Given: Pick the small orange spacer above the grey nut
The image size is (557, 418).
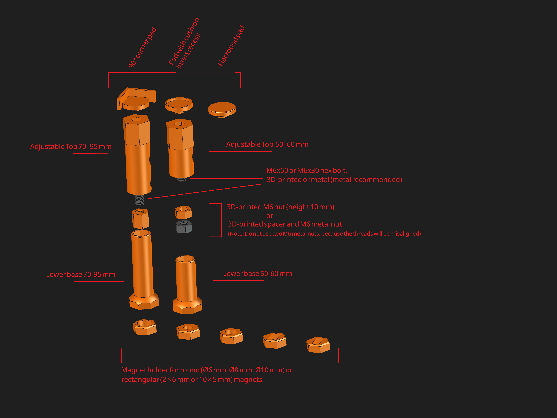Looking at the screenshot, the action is pos(183,212).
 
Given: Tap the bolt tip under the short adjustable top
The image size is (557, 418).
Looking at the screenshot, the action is pos(182,179).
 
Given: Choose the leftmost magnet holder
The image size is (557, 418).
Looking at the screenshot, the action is pos(145,327).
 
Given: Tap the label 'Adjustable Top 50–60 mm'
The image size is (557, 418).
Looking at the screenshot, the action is pos(267,144).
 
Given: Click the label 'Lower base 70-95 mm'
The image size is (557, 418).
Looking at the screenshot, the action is pos(81,274).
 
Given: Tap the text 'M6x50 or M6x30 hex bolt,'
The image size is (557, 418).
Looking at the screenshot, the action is pos(307,171).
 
